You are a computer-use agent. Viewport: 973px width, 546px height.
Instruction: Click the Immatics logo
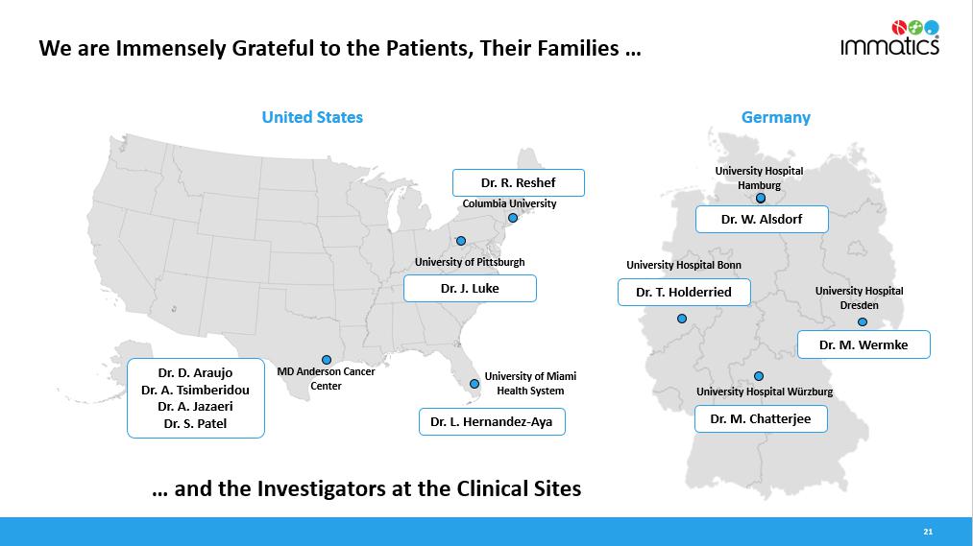[889, 37]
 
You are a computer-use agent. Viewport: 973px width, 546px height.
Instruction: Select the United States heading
[312, 117]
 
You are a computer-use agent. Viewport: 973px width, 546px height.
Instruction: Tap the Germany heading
[776, 117]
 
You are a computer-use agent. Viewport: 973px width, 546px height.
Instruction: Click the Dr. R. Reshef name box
[518, 183]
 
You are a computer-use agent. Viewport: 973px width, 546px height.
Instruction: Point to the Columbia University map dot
[513, 218]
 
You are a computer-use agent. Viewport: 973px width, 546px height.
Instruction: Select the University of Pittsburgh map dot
[461, 241]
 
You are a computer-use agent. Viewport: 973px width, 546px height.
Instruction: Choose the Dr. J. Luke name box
[470, 288]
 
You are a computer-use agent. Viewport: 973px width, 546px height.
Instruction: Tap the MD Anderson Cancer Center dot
[327, 360]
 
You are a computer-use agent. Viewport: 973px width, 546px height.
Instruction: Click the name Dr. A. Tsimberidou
[196, 390]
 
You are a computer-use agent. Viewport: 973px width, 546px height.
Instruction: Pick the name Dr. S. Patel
[196, 424]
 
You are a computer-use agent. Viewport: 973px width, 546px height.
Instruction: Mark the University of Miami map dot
[474, 384]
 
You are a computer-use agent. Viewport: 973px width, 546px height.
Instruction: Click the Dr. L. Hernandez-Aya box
[492, 421]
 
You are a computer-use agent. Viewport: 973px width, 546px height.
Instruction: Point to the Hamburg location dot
[761, 199]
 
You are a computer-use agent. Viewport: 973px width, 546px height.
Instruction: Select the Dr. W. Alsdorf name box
[762, 220]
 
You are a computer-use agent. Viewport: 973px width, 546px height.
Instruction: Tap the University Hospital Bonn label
[684, 265]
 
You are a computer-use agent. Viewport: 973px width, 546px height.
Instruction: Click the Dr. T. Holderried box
[684, 292]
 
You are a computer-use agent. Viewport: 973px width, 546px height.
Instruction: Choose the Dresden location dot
[863, 322]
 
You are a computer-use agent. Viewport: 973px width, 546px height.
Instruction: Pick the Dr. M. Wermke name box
[864, 344]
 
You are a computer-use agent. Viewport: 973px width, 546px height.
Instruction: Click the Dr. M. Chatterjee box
[761, 419]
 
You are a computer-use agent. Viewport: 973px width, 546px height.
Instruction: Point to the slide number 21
[928, 532]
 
